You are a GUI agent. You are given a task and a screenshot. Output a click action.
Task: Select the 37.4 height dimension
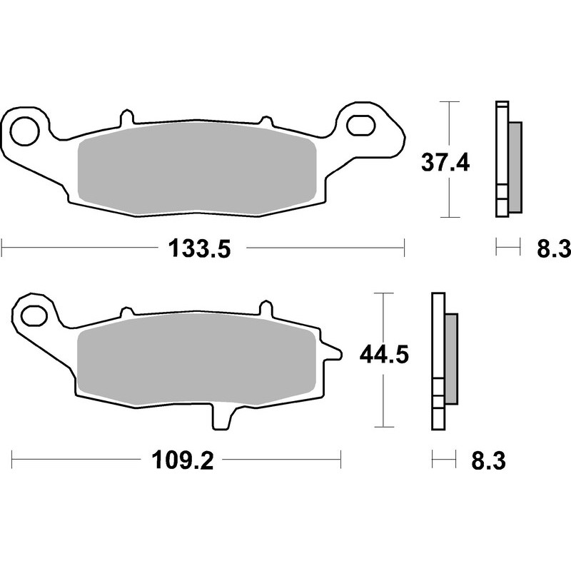(444, 163)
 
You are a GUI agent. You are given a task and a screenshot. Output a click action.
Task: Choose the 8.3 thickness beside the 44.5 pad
(488, 461)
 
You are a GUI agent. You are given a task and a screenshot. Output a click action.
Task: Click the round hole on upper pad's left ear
(24, 131)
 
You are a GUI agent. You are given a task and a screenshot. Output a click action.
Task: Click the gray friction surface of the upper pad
(196, 169)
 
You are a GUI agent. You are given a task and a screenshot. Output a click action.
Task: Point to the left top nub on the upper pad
(126, 116)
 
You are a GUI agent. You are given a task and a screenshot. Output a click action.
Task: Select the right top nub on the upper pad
(266, 121)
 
